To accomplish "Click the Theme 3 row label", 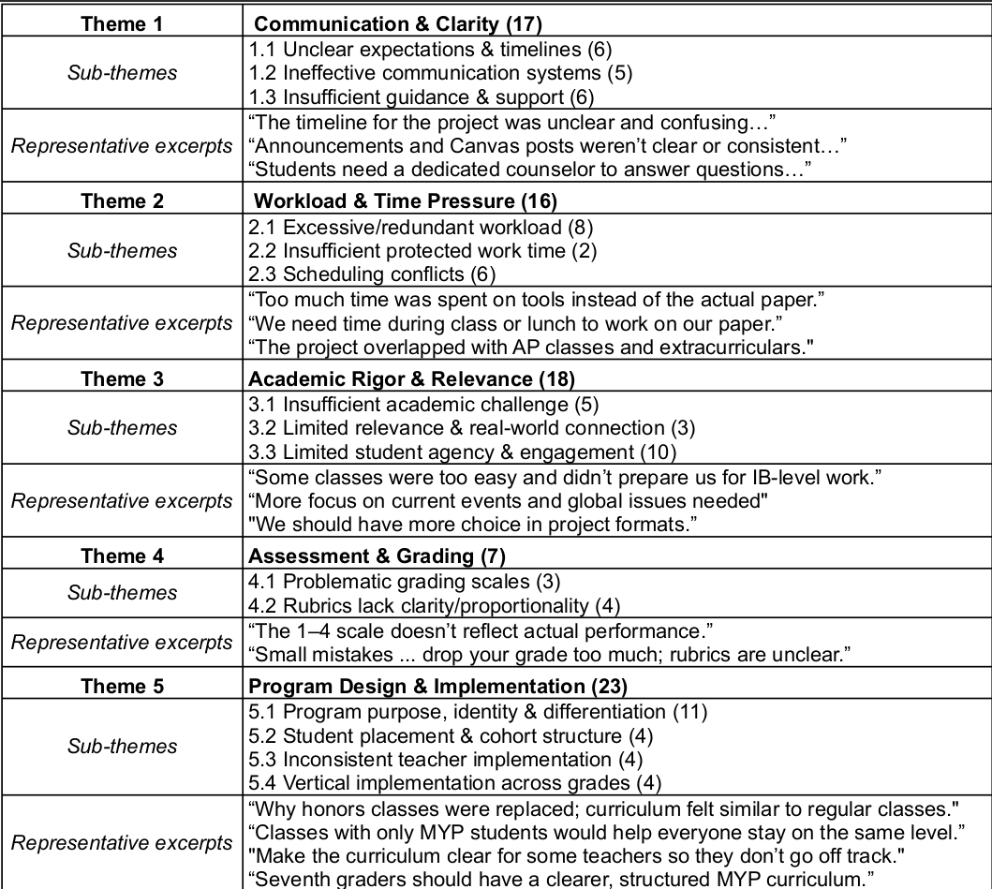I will click(122, 378).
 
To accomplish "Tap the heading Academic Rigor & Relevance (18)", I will click(414, 378).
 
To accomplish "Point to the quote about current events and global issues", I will click(509, 500).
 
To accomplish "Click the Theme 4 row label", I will click(122, 556).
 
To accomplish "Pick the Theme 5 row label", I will click(122, 686).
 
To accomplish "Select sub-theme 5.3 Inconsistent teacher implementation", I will click(444, 758).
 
